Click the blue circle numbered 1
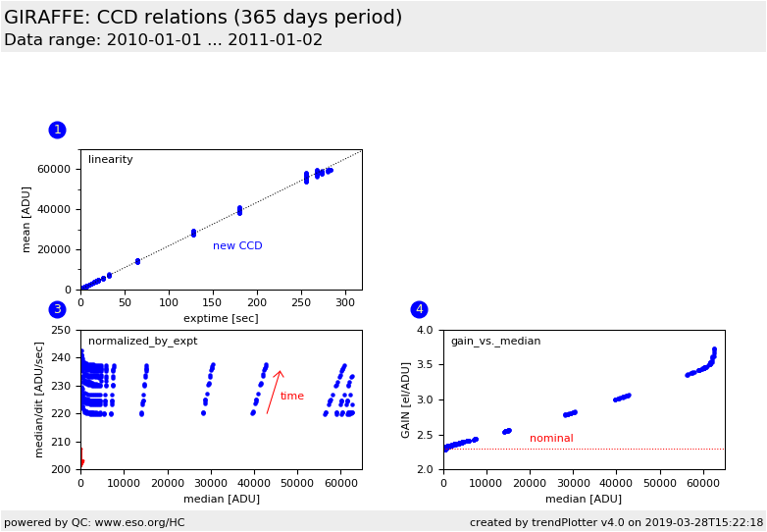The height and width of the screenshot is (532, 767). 57,130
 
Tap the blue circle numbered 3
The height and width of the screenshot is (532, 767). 57,309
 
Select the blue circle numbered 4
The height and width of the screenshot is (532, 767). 419,309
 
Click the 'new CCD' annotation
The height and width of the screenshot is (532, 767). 237,246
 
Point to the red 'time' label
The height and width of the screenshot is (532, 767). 292,397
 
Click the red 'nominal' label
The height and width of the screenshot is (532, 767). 551,439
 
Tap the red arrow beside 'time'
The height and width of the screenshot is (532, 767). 274,392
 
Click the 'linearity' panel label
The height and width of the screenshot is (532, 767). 111,160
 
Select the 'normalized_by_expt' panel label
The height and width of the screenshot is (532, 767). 142,342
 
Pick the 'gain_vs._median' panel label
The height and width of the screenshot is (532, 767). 495,342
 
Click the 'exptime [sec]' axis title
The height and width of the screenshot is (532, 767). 221,318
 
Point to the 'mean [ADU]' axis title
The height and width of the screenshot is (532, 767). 27,220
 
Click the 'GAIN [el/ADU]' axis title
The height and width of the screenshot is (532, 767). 406,399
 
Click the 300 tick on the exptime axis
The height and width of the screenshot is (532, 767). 345,302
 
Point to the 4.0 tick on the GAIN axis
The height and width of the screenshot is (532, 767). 425,330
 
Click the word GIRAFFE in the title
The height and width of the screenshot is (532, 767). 50,18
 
